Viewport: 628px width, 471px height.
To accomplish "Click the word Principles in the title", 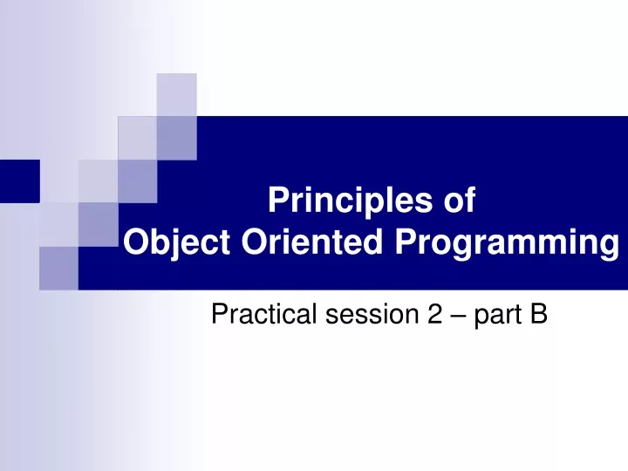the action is tap(351, 201).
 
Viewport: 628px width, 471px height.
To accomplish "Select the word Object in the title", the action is tap(176, 242).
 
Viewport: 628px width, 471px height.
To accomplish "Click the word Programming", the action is tap(507, 243).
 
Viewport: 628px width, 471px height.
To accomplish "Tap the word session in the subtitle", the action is tap(372, 314).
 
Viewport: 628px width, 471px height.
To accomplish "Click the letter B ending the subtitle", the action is tap(538, 314).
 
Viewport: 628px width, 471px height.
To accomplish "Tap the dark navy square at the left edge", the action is tap(19, 181).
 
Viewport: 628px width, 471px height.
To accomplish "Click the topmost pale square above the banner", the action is tap(176, 95).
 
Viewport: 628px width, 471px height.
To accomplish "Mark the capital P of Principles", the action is tap(279, 200).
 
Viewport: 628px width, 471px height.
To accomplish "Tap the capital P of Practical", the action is tap(220, 314).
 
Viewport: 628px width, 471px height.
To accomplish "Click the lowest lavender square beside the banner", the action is tap(59, 269).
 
